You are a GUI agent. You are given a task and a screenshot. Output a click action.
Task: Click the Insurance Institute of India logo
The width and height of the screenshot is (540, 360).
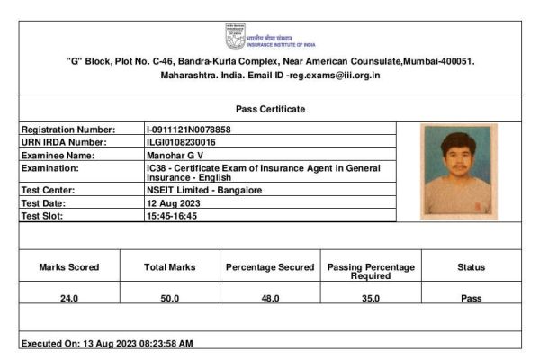236,36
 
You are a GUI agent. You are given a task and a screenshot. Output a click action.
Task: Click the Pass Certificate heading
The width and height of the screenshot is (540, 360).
270,109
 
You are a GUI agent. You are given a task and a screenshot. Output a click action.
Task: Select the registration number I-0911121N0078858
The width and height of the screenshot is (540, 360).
188,130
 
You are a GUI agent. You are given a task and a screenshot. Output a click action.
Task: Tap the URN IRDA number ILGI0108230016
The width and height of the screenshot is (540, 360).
181,142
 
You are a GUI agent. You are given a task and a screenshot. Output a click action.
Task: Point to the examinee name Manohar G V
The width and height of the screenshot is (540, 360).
175,155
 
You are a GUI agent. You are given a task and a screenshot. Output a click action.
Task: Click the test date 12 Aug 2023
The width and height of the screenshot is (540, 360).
173,203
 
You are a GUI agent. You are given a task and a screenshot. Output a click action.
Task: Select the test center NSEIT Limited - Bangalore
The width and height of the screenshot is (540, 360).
203,191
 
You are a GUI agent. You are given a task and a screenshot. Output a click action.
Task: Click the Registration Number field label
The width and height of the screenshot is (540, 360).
67,130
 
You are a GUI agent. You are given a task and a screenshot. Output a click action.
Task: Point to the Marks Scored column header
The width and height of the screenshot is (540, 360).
69,267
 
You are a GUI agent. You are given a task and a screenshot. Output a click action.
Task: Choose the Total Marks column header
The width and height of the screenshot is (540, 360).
170,267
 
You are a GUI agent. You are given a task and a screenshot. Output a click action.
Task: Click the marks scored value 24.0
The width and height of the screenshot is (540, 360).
69,298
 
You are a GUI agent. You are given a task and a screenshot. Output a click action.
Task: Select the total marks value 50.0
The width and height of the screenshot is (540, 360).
170,298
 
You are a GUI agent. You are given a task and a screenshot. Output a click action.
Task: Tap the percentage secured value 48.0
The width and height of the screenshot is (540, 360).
270,298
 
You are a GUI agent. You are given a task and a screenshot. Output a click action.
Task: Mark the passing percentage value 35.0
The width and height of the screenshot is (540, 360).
371,298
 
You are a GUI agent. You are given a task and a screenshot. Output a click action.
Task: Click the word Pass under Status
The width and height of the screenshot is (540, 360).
471,298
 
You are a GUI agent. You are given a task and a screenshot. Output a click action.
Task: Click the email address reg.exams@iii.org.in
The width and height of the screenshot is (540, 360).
335,75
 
